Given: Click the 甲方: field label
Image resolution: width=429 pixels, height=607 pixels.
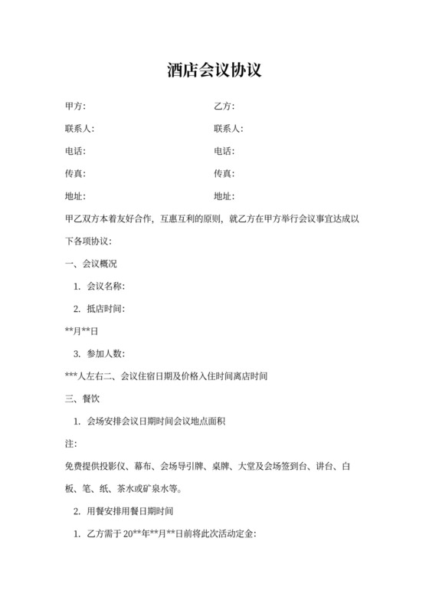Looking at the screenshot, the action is [x=76, y=107].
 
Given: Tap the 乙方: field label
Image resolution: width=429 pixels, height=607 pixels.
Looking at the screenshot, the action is [x=224, y=107].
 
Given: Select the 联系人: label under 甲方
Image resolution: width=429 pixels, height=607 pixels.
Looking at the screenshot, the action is [x=80, y=129].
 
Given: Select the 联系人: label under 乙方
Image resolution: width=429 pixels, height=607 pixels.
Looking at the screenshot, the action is [x=228, y=129].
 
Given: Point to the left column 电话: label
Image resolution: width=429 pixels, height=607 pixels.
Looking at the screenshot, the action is [x=76, y=151].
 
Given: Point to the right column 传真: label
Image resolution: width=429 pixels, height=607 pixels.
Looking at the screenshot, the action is [x=224, y=174].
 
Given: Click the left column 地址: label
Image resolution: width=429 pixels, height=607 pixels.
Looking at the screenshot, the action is [x=76, y=196].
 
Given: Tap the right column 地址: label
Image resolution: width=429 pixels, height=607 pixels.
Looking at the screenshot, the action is [x=224, y=196].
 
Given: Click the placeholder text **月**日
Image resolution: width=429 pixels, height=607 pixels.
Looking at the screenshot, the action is [x=83, y=331].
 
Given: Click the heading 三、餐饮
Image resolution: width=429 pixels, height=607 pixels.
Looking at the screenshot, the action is [x=83, y=399].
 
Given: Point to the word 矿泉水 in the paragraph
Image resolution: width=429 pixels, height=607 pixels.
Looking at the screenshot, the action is [x=152, y=488].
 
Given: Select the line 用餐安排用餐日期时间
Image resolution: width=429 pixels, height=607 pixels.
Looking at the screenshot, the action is [x=133, y=511].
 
